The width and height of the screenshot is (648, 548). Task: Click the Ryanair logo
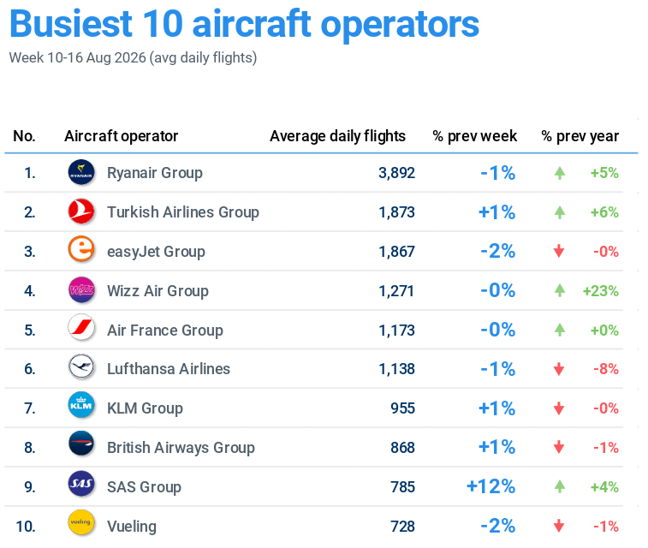click(x=81, y=172)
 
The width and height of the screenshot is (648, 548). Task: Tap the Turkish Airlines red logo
click(x=81, y=211)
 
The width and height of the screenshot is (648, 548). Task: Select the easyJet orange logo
click(x=81, y=249)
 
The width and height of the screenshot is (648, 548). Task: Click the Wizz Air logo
click(x=81, y=289)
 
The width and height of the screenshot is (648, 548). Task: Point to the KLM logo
click(x=81, y=405)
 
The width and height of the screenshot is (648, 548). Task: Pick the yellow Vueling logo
click(x=81, y=522)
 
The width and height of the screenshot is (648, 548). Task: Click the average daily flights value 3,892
click(x=396, y=173)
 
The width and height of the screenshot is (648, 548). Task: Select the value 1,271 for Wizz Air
click(x=396, y=291)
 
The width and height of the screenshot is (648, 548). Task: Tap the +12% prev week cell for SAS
click(x=491, y=486)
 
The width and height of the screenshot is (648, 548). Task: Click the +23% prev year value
click(x=600, y=291)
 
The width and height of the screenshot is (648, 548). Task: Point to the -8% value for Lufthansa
click(x=606, y=369)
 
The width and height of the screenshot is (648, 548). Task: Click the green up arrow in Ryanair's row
click(x=560, y=173)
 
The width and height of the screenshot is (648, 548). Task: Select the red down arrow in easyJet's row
click(x=559, y=251)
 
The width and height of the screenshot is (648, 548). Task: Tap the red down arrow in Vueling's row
click(x=559, y=526)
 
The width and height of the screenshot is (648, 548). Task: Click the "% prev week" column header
click(x=474, y=136)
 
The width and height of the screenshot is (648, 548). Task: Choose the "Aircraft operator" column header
click(x=121, y=136)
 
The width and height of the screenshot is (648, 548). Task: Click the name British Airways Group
click(x=181, y=448)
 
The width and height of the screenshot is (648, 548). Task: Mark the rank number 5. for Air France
click(x=30, y=331)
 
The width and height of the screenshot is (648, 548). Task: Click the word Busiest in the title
click(x=71, y=24)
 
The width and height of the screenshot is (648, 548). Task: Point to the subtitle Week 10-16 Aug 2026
click(x=78, y=57)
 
